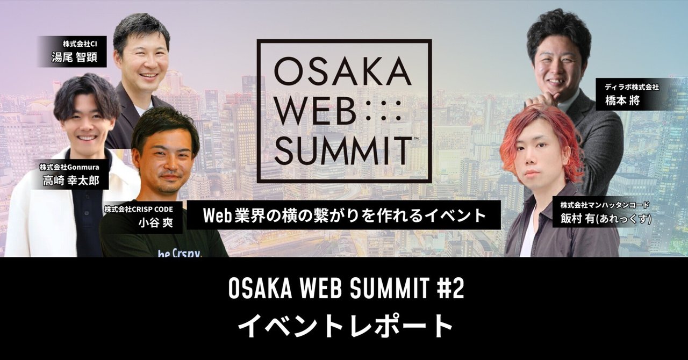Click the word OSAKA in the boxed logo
click(344, 71)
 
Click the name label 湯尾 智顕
click(75, 57)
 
